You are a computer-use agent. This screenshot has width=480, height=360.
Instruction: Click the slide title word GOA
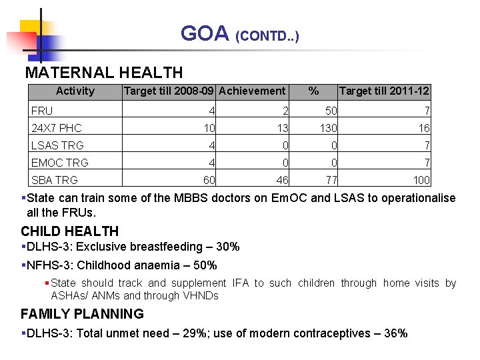(205, 33)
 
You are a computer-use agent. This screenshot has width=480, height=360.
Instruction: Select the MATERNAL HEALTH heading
(103, 72)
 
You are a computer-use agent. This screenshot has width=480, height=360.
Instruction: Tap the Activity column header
(75, 91)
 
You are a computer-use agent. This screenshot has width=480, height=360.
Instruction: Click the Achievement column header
(252, 91)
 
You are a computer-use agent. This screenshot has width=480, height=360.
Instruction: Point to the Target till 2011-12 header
(384, 91)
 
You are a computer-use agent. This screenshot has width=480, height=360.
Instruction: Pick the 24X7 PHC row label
(57, 128)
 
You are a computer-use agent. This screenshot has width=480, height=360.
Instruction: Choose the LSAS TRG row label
(57, 145)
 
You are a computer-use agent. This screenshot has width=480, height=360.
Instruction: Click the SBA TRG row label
(55, 180)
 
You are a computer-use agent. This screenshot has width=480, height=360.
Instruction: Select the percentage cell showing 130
(329, 128)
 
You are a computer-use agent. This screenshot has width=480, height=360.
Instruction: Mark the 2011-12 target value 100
(421, 180)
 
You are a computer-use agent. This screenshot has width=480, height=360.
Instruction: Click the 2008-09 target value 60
(209, 180)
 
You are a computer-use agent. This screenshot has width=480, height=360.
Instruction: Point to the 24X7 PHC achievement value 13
(283, 128)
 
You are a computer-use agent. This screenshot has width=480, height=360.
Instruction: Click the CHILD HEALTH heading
(69, 231)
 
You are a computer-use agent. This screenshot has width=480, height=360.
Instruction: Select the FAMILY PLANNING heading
(82, 314)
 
